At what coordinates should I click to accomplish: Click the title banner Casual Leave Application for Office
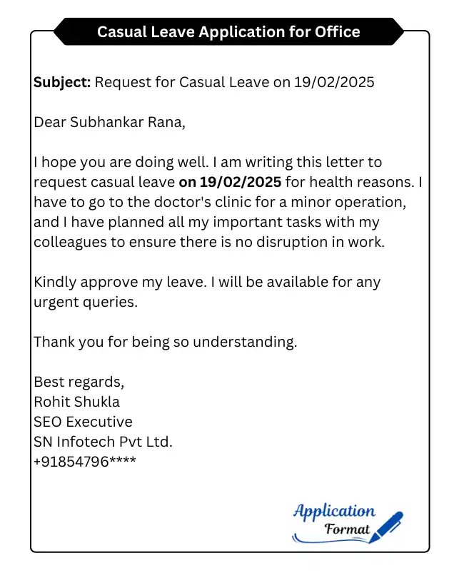228,32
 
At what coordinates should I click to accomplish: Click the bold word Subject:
62,83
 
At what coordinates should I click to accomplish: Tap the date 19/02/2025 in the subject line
334,83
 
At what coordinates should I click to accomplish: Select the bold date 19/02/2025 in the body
241,183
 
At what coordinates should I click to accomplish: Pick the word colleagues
69,242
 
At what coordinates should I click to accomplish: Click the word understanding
244,342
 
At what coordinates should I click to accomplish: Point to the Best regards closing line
79,382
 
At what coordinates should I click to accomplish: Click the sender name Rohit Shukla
77,402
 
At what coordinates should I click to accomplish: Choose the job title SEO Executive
83,422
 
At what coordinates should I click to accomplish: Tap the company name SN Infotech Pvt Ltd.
104,442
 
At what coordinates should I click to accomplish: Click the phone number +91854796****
85,462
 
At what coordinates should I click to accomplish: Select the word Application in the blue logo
334,511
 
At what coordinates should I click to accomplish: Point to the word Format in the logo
347,529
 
